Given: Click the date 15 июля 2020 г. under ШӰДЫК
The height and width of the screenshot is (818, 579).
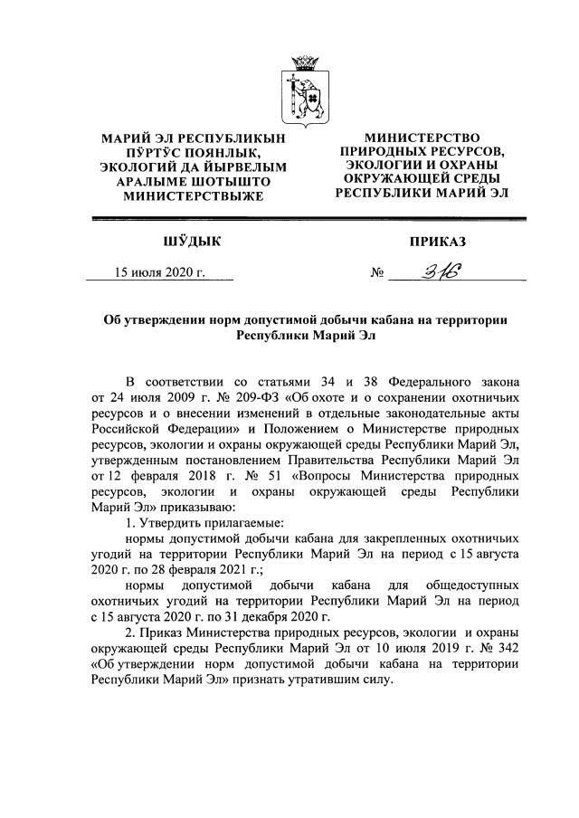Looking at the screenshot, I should pyautogui.click(x=159, y=271).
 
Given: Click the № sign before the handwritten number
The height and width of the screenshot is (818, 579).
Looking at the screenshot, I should pyautogui.click(x=379, y=272).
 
